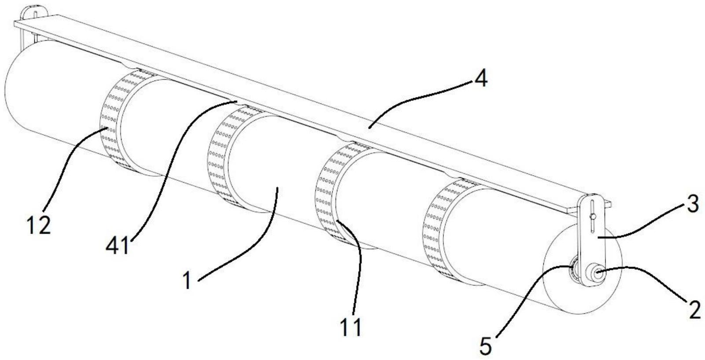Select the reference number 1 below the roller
(188, 280)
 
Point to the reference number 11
(351, 327)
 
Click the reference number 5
(485, 345)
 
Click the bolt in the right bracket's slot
(594, 216)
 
